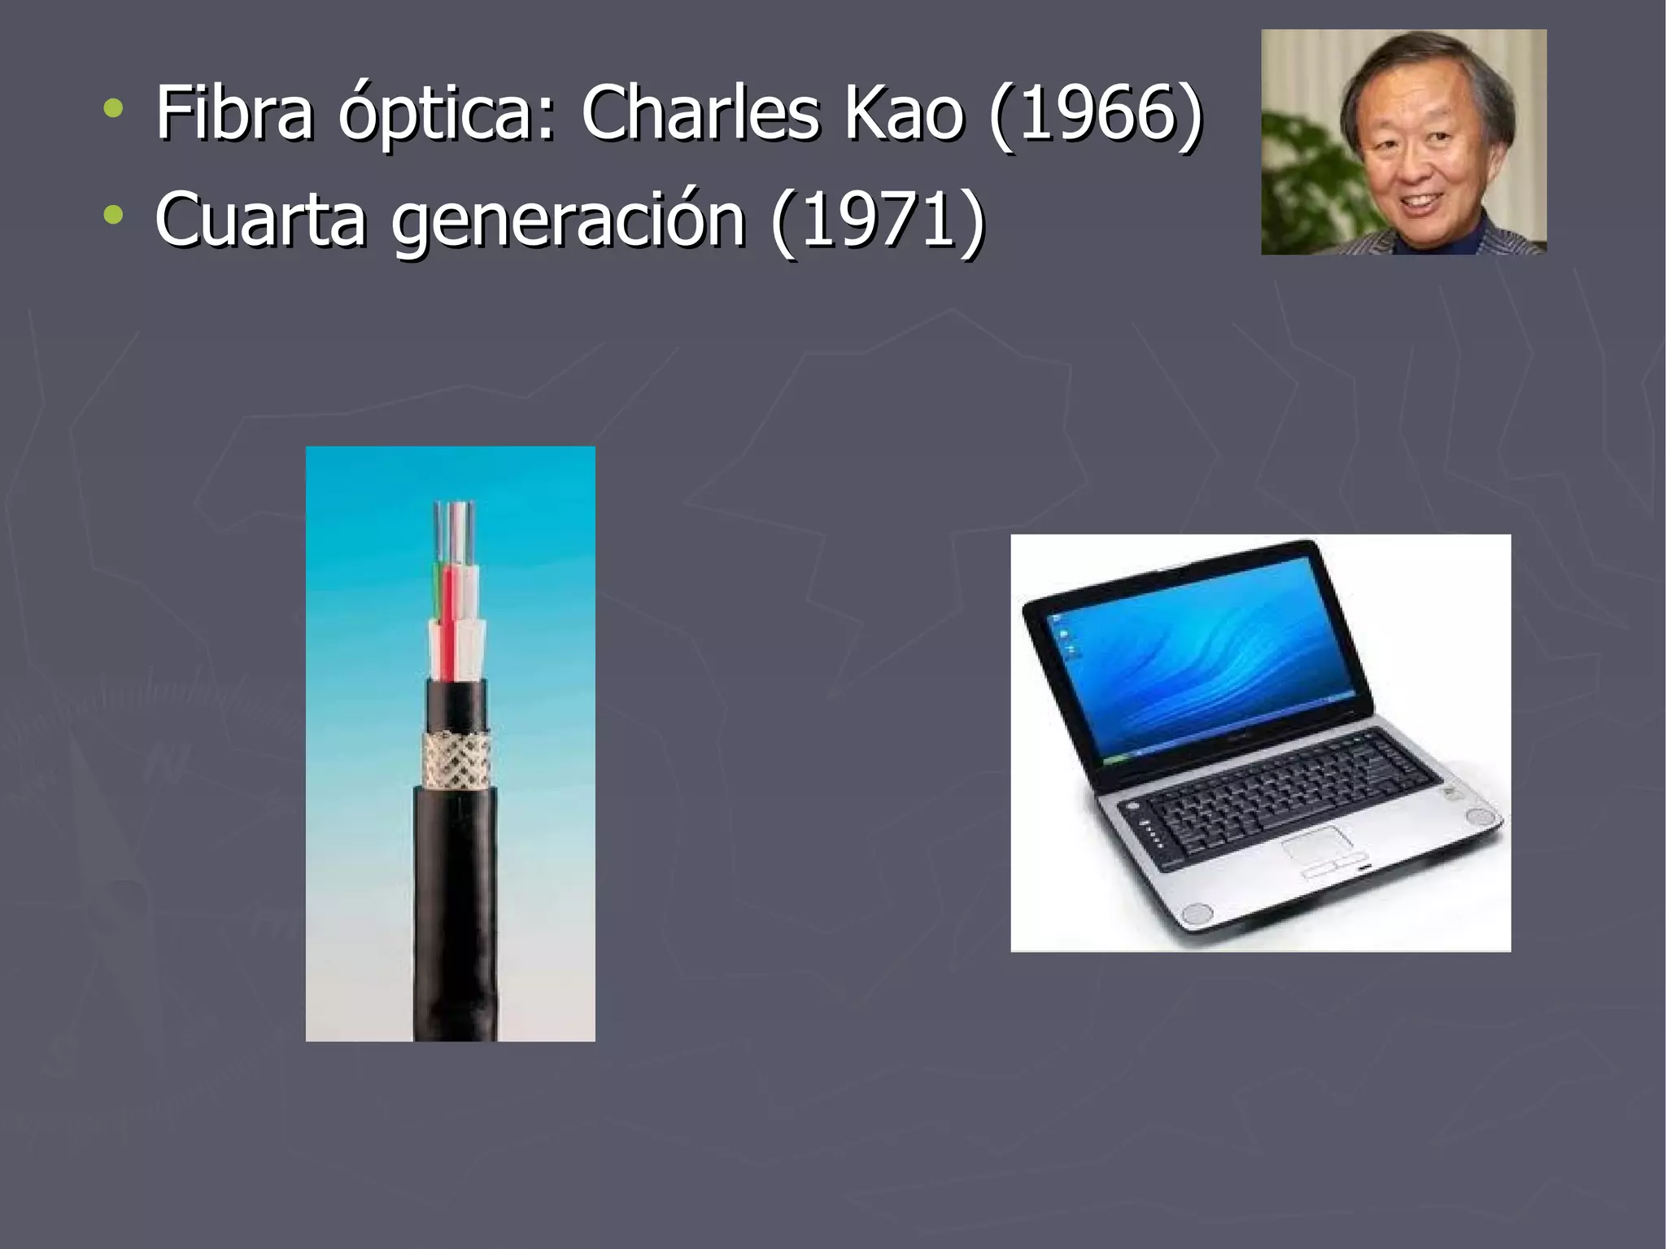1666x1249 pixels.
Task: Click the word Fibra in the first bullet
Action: pos(234,114)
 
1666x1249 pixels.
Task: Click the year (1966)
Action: pos(1095,114)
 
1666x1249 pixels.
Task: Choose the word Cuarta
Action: pos(260,220)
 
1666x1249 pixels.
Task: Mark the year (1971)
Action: pos(878,220)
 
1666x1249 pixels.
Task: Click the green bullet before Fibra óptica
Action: pos(114,108)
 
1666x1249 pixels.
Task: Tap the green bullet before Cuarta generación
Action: pos(114,215)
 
